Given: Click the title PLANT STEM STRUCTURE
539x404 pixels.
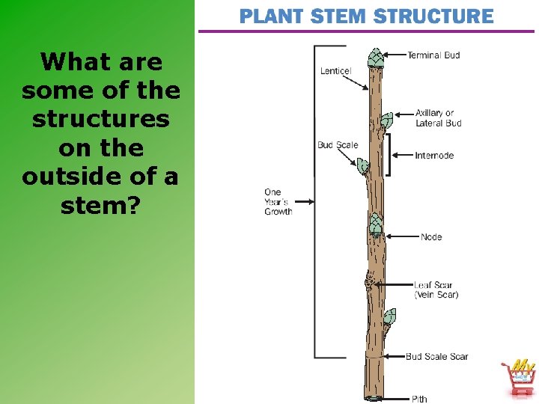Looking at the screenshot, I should pos(367,16).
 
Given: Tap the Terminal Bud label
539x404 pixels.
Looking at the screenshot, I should pos(433,55).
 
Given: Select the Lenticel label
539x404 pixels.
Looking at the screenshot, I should pos(335,71).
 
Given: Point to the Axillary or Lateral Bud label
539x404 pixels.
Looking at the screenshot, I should pos(439,118).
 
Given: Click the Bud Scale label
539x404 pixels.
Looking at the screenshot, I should pos(338,145).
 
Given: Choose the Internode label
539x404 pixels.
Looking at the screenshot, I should pos(434,156).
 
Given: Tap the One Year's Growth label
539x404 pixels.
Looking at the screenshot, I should pos(278,202).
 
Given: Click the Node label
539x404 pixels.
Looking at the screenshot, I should pos(431,237).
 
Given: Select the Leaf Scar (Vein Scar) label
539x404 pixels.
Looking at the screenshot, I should pos(436,290).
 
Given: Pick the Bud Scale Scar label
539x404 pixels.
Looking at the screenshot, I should pos(436,356).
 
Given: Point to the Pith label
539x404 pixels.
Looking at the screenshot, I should pos(419,399).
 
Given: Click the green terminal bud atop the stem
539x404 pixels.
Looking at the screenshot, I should pos(376,58).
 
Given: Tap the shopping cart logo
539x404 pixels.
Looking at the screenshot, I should pos(518,378).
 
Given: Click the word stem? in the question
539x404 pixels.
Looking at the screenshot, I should pos(100,205).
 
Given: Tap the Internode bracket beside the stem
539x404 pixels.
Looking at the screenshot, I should pos(389,155).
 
